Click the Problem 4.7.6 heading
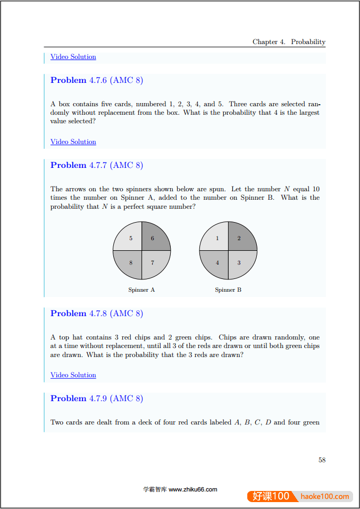pos(96,80)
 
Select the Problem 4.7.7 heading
pos(96,165)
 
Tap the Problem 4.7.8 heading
pos(96,313)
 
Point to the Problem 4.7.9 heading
pos(96,398)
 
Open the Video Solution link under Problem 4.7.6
pos(73,142)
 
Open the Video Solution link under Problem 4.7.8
pos(73,375)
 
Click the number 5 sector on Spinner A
pos(129,237)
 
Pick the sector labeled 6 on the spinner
pos(154,237)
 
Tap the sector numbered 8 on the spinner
pos(129,263)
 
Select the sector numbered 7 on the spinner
pos(154,263)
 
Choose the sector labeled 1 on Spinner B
pos(216,237)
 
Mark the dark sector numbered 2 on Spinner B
pos(240,237)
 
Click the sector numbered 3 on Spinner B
pos(240,263)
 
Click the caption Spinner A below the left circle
pos(141,290)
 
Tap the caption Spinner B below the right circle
pos(228,290)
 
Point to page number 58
pos(322,460)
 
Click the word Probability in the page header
pos(308,42)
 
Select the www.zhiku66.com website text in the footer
pos(192,490)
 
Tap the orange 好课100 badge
pos(271,496)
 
